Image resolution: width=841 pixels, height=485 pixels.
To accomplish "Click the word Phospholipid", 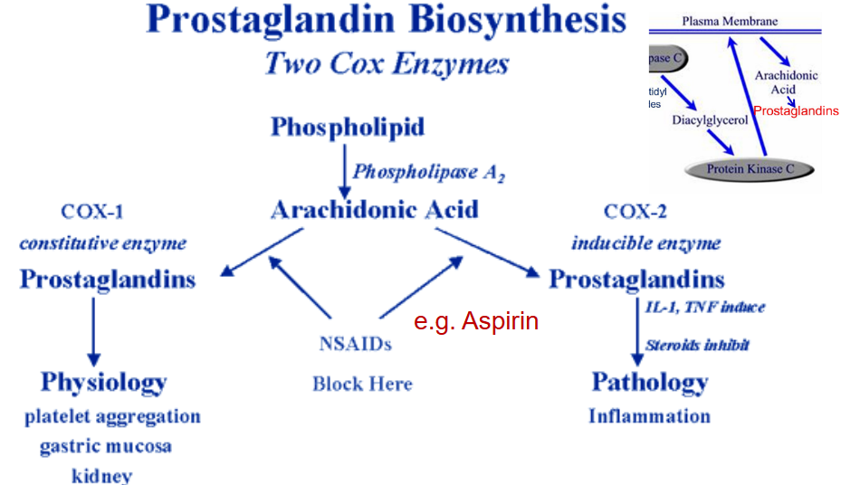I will point(348,127).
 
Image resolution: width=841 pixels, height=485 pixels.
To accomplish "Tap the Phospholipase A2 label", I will point(427,172).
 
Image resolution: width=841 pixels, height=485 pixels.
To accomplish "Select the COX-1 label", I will point(91,213).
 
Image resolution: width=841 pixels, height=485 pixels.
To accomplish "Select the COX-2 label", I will point(635,213).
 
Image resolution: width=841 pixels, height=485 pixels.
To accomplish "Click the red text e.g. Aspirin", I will point(476,321).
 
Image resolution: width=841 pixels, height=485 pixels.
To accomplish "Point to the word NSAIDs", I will point(355,344).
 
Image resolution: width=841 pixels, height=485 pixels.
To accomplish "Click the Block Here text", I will point(362,384).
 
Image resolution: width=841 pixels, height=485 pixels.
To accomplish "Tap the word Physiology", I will point(103,382).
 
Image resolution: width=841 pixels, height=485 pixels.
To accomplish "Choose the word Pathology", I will point(649,382).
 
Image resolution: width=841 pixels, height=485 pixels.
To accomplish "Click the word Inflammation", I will point(649,416).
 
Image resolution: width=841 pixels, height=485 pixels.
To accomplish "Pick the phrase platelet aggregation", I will point(112,417).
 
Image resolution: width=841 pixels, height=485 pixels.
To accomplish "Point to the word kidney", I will point(101,475).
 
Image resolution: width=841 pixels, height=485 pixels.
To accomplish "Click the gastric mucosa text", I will point(105,446).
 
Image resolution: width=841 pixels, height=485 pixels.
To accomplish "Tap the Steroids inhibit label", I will point(697,345).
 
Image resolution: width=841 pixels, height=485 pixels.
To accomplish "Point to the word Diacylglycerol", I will point(710,120).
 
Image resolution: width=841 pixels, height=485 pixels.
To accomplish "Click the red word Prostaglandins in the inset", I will point(796,111).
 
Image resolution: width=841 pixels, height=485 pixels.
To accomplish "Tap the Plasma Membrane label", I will point(730,21).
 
